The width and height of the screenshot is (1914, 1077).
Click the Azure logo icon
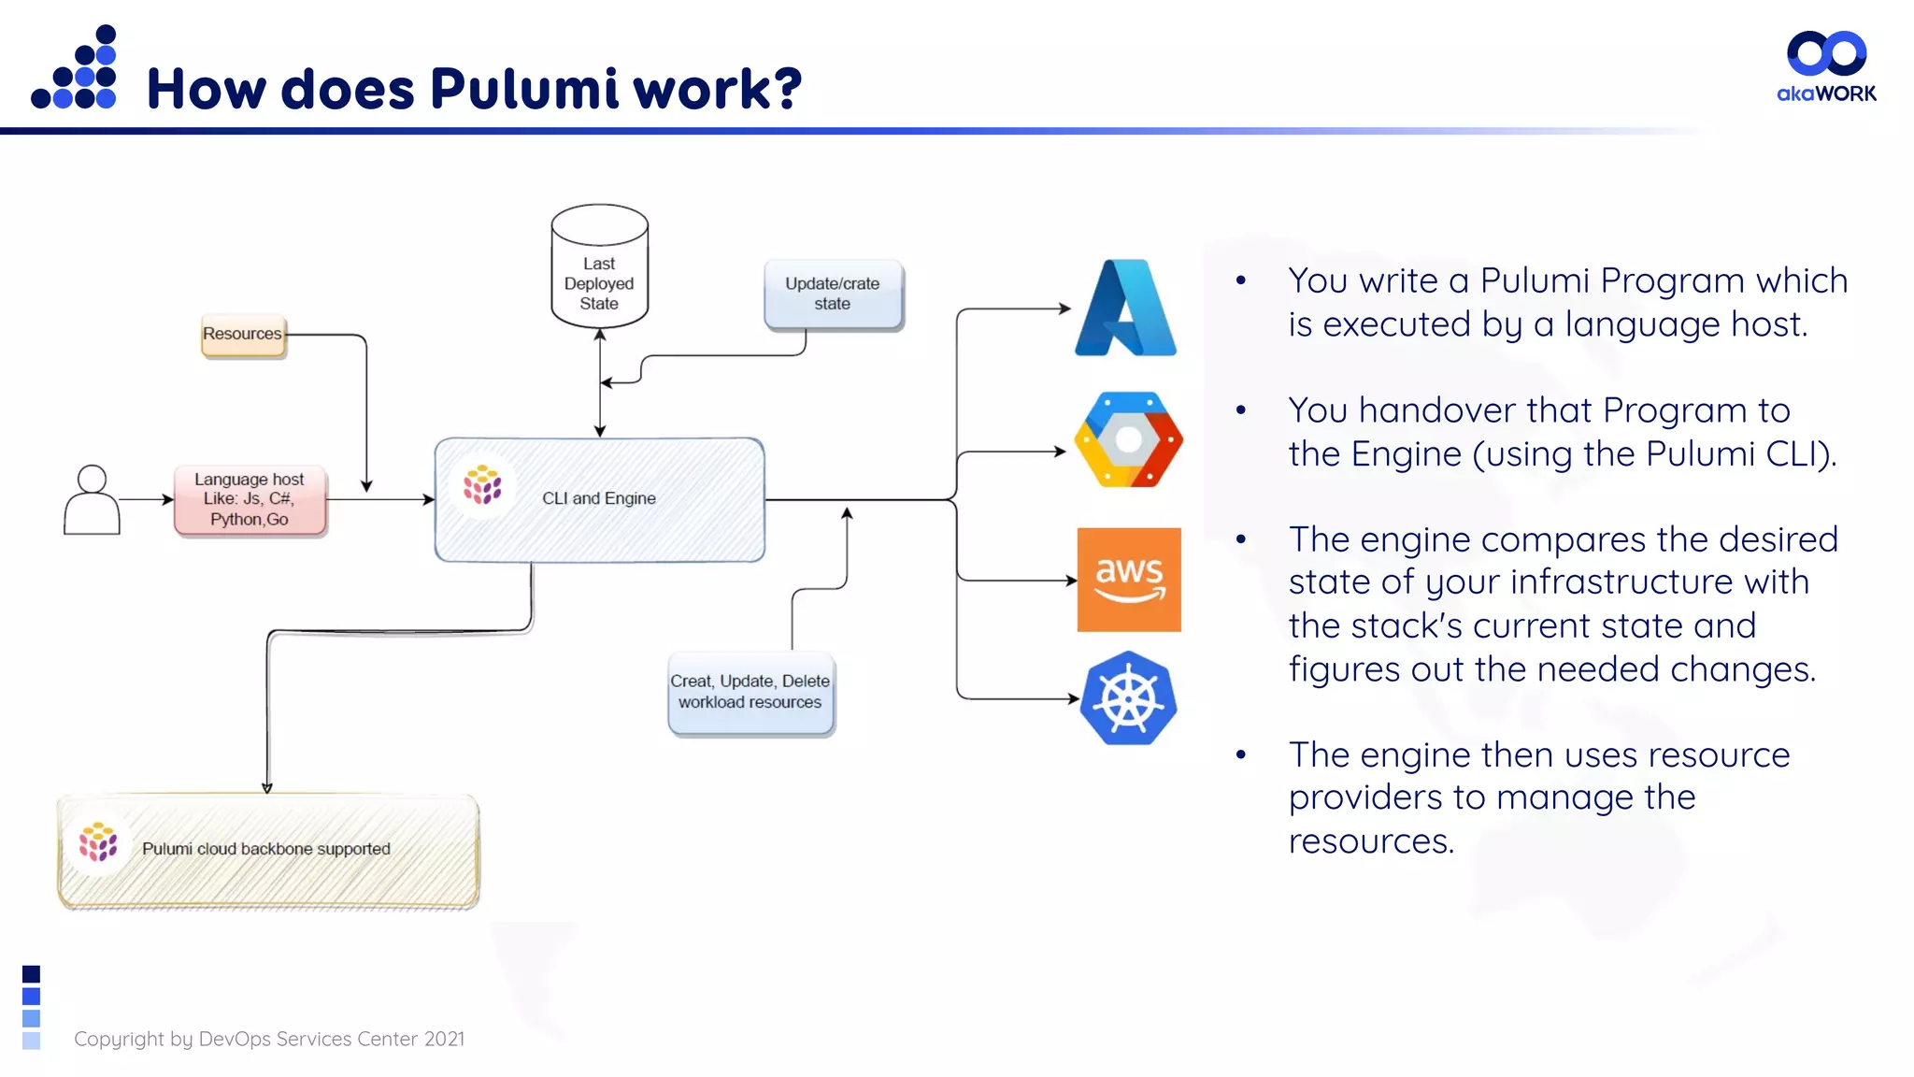point(1125,309)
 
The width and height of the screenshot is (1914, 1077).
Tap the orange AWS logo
point(1129,580)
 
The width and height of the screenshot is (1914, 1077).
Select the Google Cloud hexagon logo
point(1128,439)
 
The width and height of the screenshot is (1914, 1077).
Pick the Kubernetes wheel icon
point(1128,698)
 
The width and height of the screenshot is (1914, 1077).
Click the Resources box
point(243,335)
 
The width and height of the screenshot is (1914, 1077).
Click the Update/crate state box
point(833,294)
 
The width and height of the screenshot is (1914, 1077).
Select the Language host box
point(250,499)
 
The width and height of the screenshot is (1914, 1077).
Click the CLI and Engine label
point(599,498)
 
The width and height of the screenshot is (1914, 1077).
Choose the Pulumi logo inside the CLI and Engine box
point(482,485)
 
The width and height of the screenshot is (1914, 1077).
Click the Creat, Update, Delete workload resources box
point(750,693)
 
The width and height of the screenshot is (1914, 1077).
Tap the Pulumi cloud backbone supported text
point(266,849)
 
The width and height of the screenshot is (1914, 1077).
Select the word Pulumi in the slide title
point(524,90)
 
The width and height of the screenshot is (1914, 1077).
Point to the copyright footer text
point(269,1039)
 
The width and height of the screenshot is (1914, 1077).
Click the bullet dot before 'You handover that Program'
point(1241,409)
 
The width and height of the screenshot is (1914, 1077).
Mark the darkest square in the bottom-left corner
point(31,974)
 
